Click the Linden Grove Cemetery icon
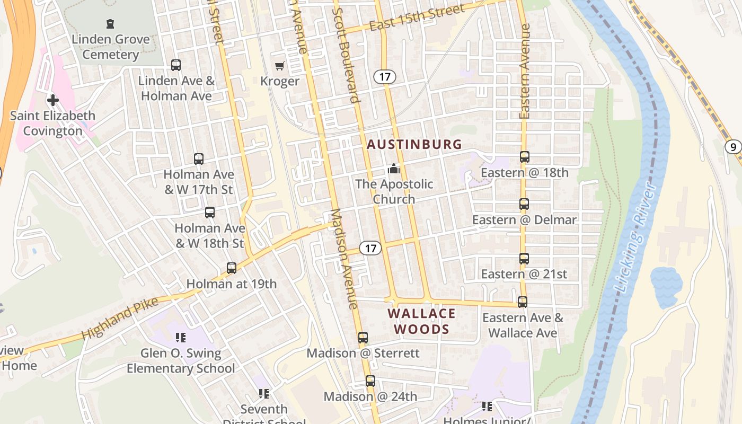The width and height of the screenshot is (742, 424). pos(110,24)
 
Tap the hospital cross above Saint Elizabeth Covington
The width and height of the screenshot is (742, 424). pos(52,100)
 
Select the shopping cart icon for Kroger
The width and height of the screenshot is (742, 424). pos(279,66)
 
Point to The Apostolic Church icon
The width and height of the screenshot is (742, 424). pos(393,169)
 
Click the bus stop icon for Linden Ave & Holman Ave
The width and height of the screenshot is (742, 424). pos(176,65)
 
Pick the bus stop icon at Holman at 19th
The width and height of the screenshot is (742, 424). pos(232,268)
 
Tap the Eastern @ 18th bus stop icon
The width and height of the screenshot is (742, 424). pos(524,157)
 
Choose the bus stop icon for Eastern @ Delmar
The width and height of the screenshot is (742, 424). pos(524,204)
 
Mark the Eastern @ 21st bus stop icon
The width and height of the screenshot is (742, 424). pos(524,259)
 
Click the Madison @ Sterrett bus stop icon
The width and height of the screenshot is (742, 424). pos(363,338)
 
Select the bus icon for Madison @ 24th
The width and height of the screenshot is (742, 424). pos(370,381)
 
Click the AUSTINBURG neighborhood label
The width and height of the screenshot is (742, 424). pos(414,144)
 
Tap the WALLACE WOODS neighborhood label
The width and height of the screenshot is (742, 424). pos(421,321)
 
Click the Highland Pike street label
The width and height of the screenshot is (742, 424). pos(120,319)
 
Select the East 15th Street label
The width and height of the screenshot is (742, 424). pos(417,18)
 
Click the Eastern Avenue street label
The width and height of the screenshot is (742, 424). pos(525,72)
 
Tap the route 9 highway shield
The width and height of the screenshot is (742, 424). pos(733,147)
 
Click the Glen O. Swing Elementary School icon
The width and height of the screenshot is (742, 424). pos(180,337)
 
